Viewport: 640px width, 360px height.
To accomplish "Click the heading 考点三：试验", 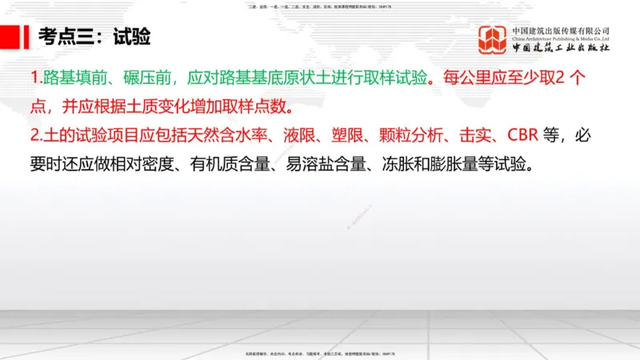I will click(x=95, y=37).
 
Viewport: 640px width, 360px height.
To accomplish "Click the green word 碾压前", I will click(x=142, y=79).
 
